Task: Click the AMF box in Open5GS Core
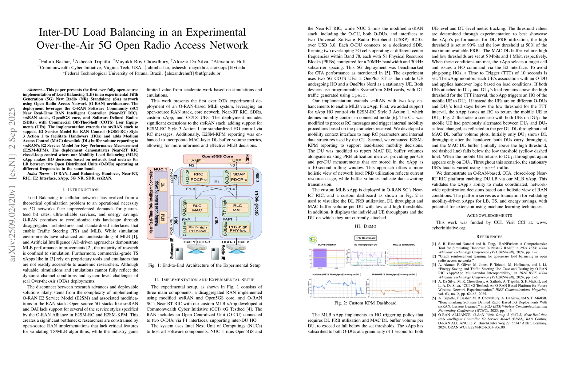(x=196, y=161)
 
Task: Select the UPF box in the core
(x=236, y=161)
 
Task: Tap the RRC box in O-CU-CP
(x=198, y=174)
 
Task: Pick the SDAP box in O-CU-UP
(x=239, y=174)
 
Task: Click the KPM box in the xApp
(x=163, y=217)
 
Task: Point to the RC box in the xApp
(x=163, y=185)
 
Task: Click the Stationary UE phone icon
(x=179, y=253)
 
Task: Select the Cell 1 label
(x=189, y=242)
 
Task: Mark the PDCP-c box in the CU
(x=198, y=180)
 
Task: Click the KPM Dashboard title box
(x=366, y=238)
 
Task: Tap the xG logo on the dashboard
(x=313, y=239)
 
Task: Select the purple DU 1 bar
(x=320, y=258)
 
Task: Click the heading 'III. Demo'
(x=365, y=226)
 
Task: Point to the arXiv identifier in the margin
(x=12, y=184)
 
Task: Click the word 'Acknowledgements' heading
(x=489, y=216)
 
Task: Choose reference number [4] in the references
(x=433, y=281)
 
